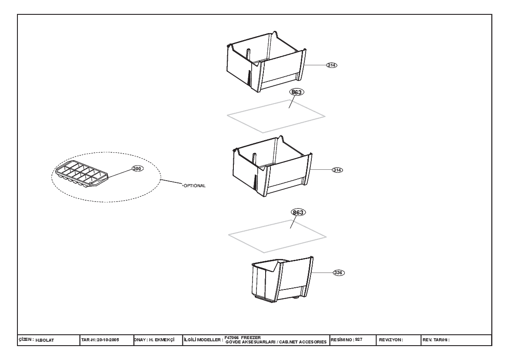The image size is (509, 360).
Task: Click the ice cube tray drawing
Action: (x=81, y=174)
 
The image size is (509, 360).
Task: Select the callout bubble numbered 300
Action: (x=137, y=168)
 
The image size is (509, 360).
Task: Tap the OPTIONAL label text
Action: (x=195, y=186)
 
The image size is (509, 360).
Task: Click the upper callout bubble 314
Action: (x=331, y=65)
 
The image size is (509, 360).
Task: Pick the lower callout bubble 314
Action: (x=337, y=170)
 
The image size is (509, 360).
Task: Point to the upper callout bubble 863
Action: (x=297, y=92)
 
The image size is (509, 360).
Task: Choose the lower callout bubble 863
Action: (x=298, y=212)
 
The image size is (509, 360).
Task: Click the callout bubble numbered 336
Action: (x=338, y=273)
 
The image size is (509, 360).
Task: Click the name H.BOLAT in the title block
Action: (x=45, y=340)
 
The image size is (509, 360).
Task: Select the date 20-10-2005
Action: (x=108, y=340)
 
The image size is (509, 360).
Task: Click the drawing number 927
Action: (x=358, y=340)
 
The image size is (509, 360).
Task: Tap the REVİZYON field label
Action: (x=391, y=340)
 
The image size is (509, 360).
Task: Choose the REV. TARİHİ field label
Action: (x=436, y=340)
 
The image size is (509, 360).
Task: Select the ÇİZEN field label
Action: (x=26, y=339)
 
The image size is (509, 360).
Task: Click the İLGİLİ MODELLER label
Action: (x=203, y=340)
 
